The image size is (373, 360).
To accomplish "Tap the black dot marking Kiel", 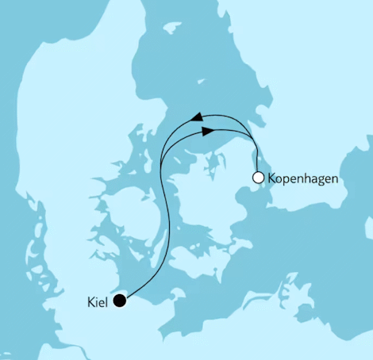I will click(120, 300).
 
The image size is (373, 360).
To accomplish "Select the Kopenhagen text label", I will click(303, 179).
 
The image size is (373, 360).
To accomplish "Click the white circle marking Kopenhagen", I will click(257, 178).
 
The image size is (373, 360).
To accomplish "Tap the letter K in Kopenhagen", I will click(272, 179).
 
